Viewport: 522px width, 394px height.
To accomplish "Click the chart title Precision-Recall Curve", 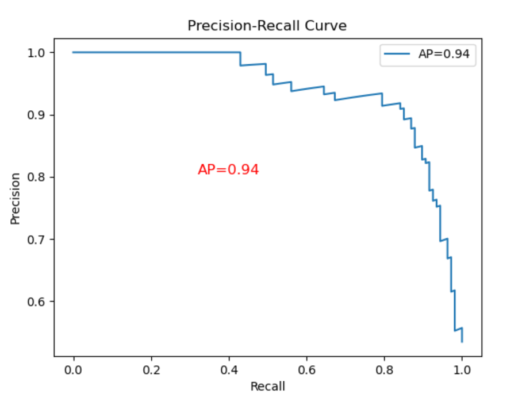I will pyautogui.click(x=267, y=26).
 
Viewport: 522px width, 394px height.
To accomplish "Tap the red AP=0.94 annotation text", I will pyautogui.click(x=228, y=169).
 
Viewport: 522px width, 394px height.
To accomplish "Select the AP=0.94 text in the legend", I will pyautogui.click(x=444, y=55).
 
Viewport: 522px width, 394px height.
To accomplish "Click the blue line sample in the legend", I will pyautogui.click(x=397, y=55).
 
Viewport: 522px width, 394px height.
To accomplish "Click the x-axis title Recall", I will pyautogui.click(x=267, y=386).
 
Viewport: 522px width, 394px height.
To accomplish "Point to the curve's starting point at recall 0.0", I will pyautogui.click(x=74, y=52).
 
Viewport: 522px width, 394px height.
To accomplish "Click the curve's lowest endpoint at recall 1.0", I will pyautogui.click(x=462, y=342).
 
